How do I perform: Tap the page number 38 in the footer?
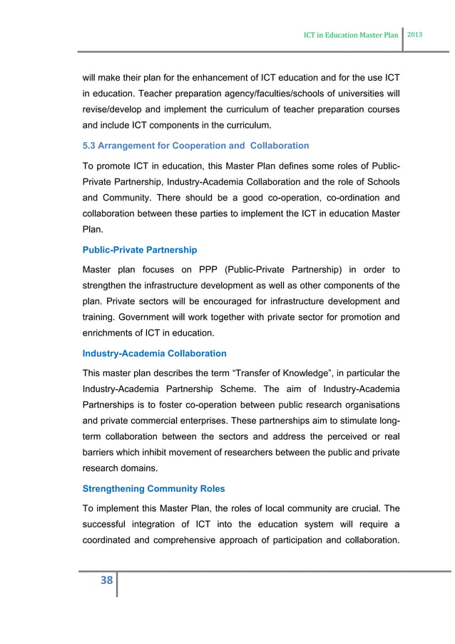(x=106, y=580)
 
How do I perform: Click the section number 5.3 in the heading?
(x=91, y=146)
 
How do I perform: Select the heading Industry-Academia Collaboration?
(x=155, y=353)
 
